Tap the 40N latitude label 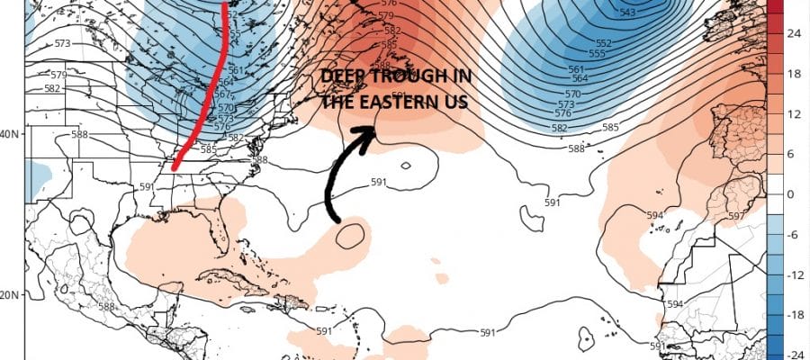[11, 134]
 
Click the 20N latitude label [11, 295]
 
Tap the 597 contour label [736, 216]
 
